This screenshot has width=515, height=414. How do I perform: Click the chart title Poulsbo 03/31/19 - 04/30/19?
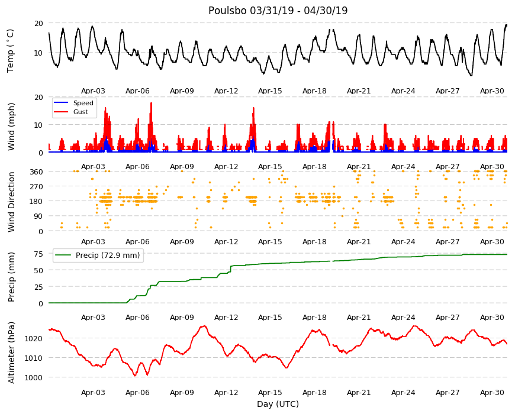click(x=278, y=11)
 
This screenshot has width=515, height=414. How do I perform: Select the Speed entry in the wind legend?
click(x=83, y=103)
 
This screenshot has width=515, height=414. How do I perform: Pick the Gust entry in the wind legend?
click(x=81, y=112)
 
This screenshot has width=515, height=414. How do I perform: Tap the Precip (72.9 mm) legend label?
click(x=108, y=255)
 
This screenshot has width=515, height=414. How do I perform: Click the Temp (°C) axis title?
click(x=11, y=51)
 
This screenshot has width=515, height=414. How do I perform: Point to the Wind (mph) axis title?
click(x=11, y=127)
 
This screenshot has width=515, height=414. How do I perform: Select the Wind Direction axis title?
click(x=11, y=202)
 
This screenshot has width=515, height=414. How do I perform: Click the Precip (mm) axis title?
click(x=11, y=277)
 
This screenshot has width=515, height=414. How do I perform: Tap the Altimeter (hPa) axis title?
click(x=11, y=352)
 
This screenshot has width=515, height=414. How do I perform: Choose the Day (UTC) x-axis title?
click(x=278, y=404)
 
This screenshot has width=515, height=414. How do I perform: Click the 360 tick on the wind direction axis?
click(x=36, y=172)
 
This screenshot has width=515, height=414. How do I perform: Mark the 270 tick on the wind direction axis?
click(x=36, y=187)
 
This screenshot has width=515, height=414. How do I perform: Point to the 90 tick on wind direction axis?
click(x=38, y=216)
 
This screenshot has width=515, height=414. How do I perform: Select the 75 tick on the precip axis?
click(x=38, y=254)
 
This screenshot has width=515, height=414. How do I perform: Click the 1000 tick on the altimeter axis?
click(x=34, y=377)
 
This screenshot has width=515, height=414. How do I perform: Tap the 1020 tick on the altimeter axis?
click(x=34, y=338)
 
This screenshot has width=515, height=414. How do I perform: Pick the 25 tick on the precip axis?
click(x=38, y=287)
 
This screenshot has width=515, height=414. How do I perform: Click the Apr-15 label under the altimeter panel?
click(x=270, y=392)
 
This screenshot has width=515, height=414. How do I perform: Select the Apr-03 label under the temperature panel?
click(x=93, y=91)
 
